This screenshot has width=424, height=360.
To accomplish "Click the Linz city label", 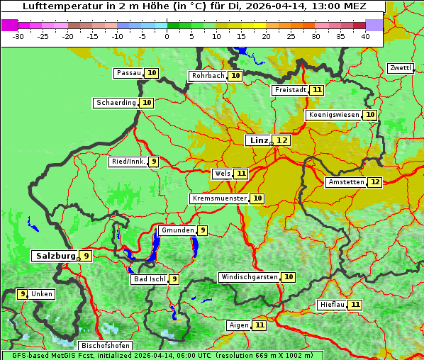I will pyautogui.click(x=258, y=140).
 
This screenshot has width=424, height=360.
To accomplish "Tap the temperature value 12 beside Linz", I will pyautogui.click(x=282, y=140).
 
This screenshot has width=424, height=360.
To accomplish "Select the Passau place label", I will pyautogui.click(x=128, y=73).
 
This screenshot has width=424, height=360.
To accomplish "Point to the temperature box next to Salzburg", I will pyautogui.click(x=86, y=256).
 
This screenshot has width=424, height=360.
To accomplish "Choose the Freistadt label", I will pyautogui.click(x=290, y=90).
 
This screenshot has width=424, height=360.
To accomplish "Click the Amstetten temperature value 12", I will pyautogui.click(x=375, y=182).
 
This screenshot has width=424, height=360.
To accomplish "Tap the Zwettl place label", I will pyautogui.click(x=400, y=68).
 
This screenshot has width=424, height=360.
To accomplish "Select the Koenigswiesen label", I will pyautogui.click(x=333, y=115).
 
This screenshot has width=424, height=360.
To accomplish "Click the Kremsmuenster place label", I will pyautogui.click(x=219, y=198).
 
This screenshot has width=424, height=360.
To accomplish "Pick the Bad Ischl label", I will pyautogui.click(x=149, y=279).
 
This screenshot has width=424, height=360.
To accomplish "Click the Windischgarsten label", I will pyautogui.click(x=249, y=277).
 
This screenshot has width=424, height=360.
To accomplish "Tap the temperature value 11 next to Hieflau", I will pyautogui.click(x=355, y=305).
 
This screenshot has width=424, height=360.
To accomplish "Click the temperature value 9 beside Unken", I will pyautogui.click(x=23, y=294).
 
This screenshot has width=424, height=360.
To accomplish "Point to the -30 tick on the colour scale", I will pyautogui.click(x=18, y=35).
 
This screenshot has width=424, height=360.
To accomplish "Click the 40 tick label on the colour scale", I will pyautogui.click(x=365, y=35).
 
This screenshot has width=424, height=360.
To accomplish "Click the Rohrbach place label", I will pyautogui.click(x=208, y=76).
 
